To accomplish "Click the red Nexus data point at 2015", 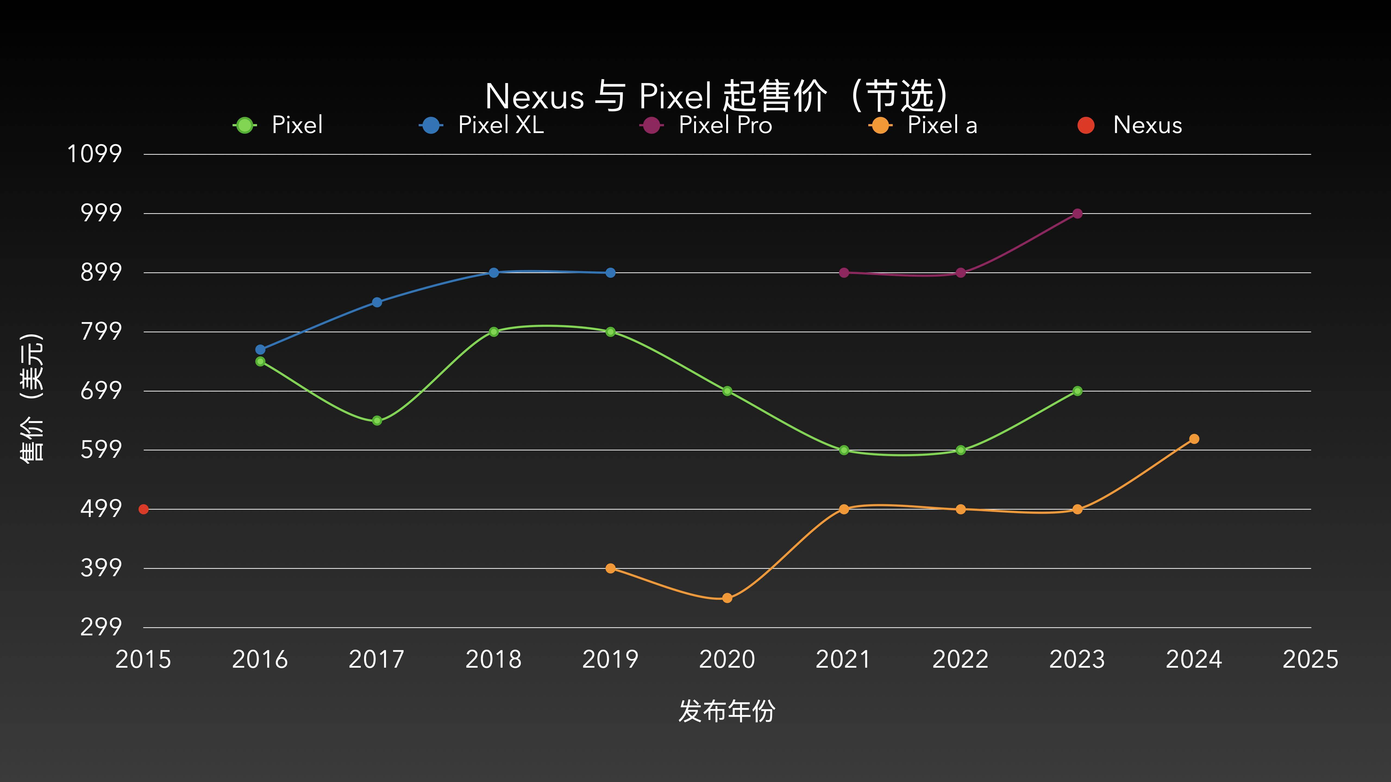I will click(143, 509).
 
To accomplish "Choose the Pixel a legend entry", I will click(923, 125).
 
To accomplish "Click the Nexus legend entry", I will click(1130, 125).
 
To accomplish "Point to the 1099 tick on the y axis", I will click(95, 154).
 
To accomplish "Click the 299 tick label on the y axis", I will click(101, 627).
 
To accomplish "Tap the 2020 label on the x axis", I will click(727, 660).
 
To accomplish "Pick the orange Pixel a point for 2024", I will click(1194, 439).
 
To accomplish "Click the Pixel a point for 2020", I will click(727, 597).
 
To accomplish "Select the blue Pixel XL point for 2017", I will click(377, 302).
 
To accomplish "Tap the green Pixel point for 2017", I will click(377, 420).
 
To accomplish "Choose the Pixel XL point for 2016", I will click(260, 350).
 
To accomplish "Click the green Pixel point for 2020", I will click(727, 391).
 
